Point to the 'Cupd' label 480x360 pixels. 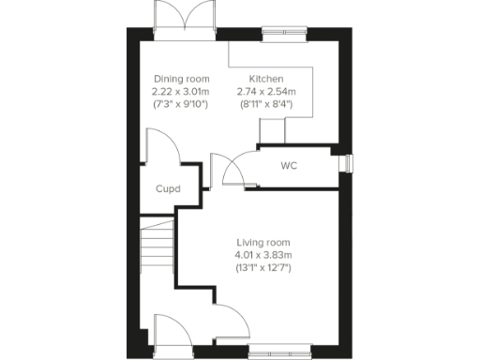point(168,187)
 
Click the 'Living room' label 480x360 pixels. point(263,243)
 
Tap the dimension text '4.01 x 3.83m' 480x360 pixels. point(263,255)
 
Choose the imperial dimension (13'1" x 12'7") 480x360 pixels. point(263,267)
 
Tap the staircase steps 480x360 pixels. point(157,248)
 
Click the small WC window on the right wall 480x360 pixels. point(348,163)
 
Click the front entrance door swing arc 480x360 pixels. point(170,330)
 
